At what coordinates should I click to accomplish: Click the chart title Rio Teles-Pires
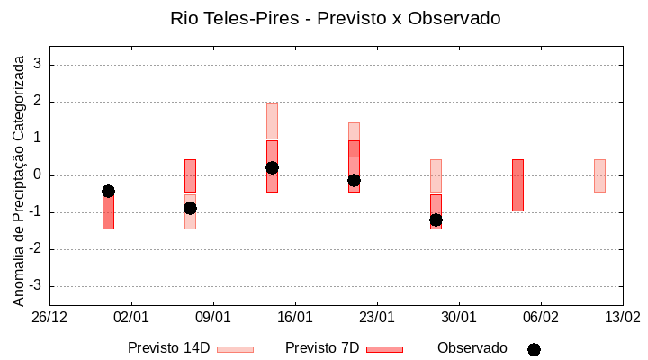pyautogui.click(x=335, y=18)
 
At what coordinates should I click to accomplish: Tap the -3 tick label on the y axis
pyautogui.click(x=36, y=286)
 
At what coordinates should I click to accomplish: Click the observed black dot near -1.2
pyautogui.click(x=436, y=220)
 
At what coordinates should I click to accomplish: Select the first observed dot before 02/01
pyautogui.click(x=108, y=191)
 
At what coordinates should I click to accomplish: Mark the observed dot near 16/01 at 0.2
pyautogui.click(x=272, y=167)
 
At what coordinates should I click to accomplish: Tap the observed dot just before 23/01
pyautogui.click(x=354, y=180)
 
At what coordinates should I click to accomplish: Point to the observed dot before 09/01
pyautogui.click(x=190, y=208)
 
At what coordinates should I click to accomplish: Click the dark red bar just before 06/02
pyautogui.click(x=517, y=184)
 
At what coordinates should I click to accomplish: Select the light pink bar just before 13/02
pyautogui.click(x=599, y=175)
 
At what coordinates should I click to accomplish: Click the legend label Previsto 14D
pyautogui.click(x=168, y=348)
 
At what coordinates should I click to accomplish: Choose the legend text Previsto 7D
pyautogui.click(x=322, y=348)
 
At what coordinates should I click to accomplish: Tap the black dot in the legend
pyautogui.click(x=534, y=349)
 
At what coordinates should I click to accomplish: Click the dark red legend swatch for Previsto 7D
pyautogui.click(x=384, y=349)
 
